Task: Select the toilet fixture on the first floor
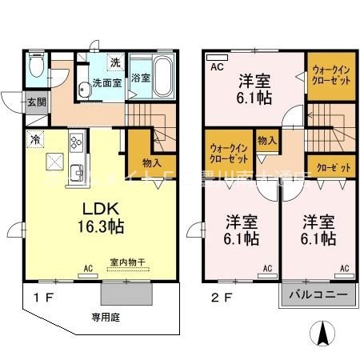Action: [x=35, y=66]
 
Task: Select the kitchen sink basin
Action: [x=77, y=171]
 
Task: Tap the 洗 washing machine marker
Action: [x=114, y=62]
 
